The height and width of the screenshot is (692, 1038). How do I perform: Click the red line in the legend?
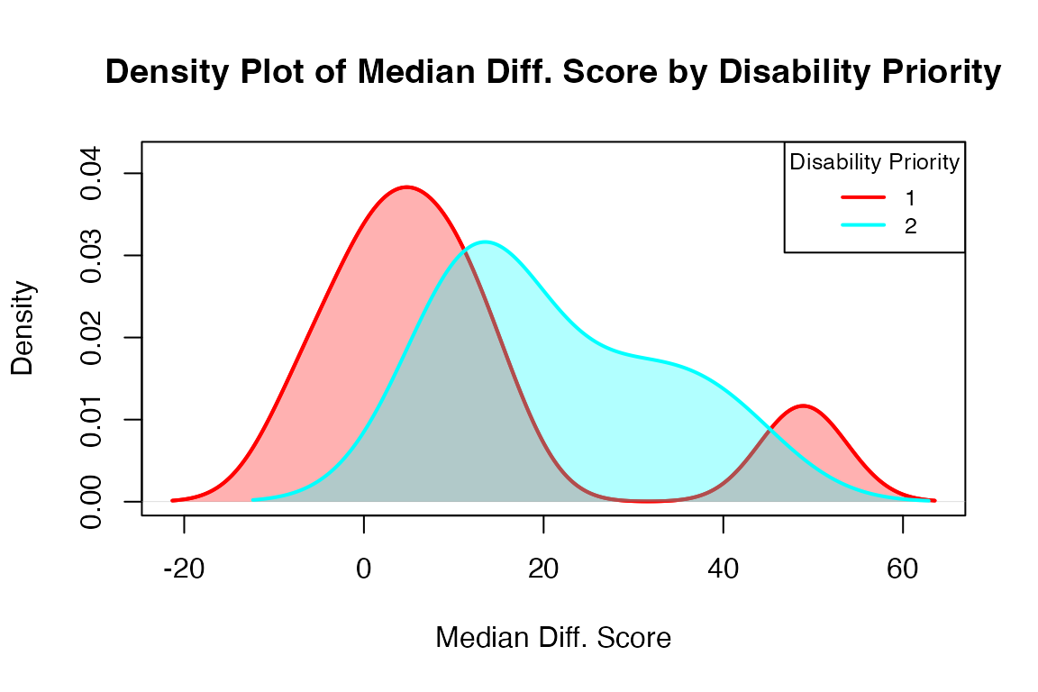(863, 196)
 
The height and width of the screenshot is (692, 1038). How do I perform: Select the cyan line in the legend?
(863, 224)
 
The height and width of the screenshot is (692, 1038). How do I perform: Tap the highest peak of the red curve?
(407, 186)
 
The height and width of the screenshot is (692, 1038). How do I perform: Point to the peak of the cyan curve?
(485, 241)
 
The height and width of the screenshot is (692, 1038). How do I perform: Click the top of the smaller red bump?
(802, 405)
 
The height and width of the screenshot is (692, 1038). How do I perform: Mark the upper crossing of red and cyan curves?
(466, 250)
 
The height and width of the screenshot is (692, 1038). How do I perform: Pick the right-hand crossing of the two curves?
(769, 431)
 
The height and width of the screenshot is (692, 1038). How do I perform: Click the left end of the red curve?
(173, 500)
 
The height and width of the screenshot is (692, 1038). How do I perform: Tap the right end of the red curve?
(934, 500)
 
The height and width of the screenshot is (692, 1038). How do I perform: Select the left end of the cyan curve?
(253, 498)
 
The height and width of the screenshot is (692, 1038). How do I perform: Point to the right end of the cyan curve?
(928, 499)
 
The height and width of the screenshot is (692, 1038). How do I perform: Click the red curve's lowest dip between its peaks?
(647, 500)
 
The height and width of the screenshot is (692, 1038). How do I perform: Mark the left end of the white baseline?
(143, 501)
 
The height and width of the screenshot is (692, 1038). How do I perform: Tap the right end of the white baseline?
(964, 501)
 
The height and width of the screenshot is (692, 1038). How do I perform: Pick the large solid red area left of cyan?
(360, 315)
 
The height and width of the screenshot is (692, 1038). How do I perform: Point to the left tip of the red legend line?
(843, 196)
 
